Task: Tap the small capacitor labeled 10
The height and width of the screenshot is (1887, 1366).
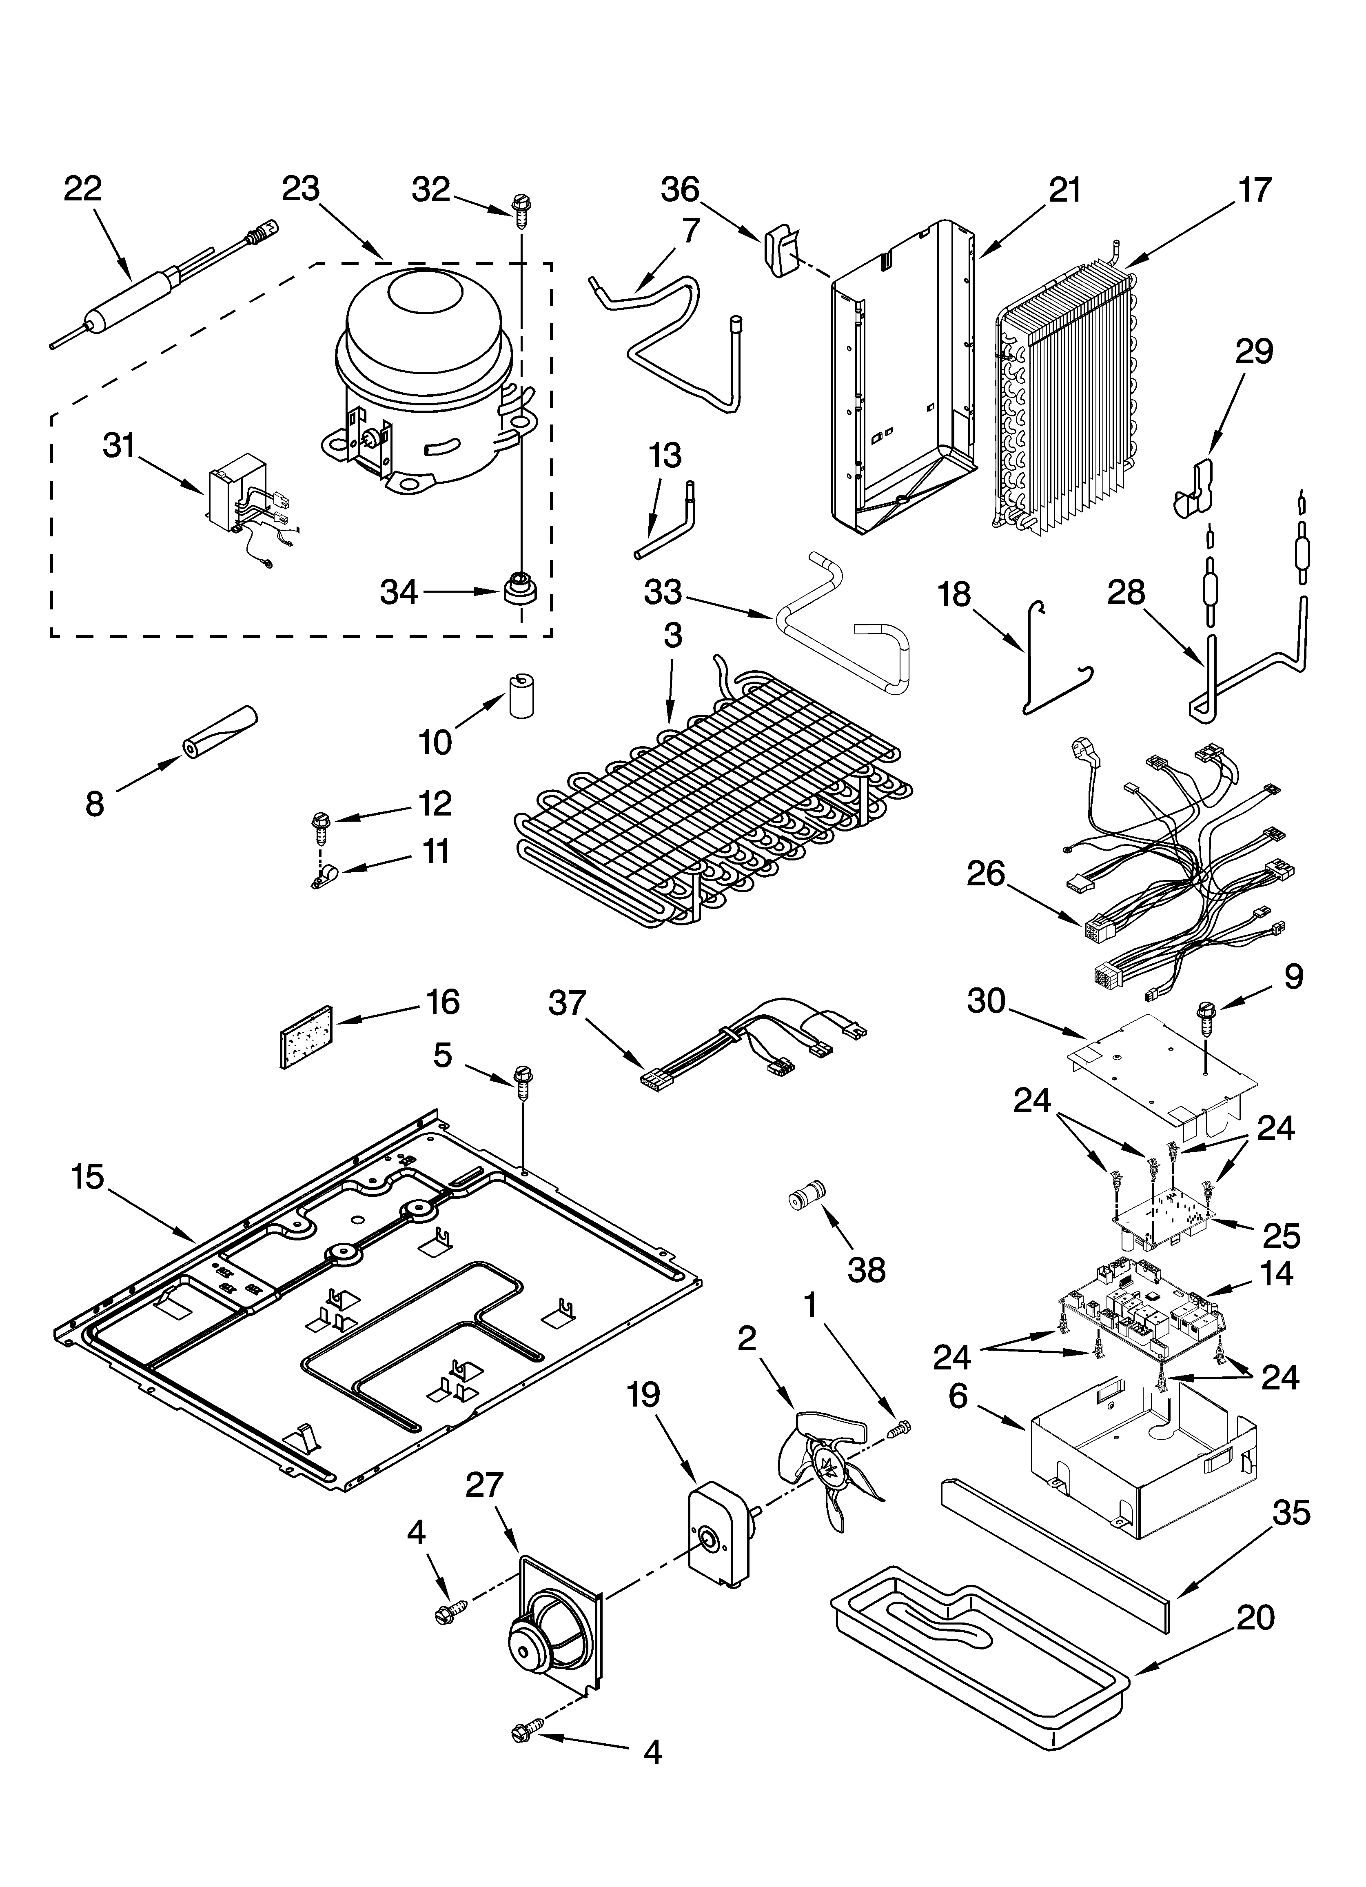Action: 521,695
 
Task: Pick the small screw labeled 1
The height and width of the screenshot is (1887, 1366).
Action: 899,1428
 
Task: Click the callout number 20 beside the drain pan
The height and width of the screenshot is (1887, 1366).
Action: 1255,1618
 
